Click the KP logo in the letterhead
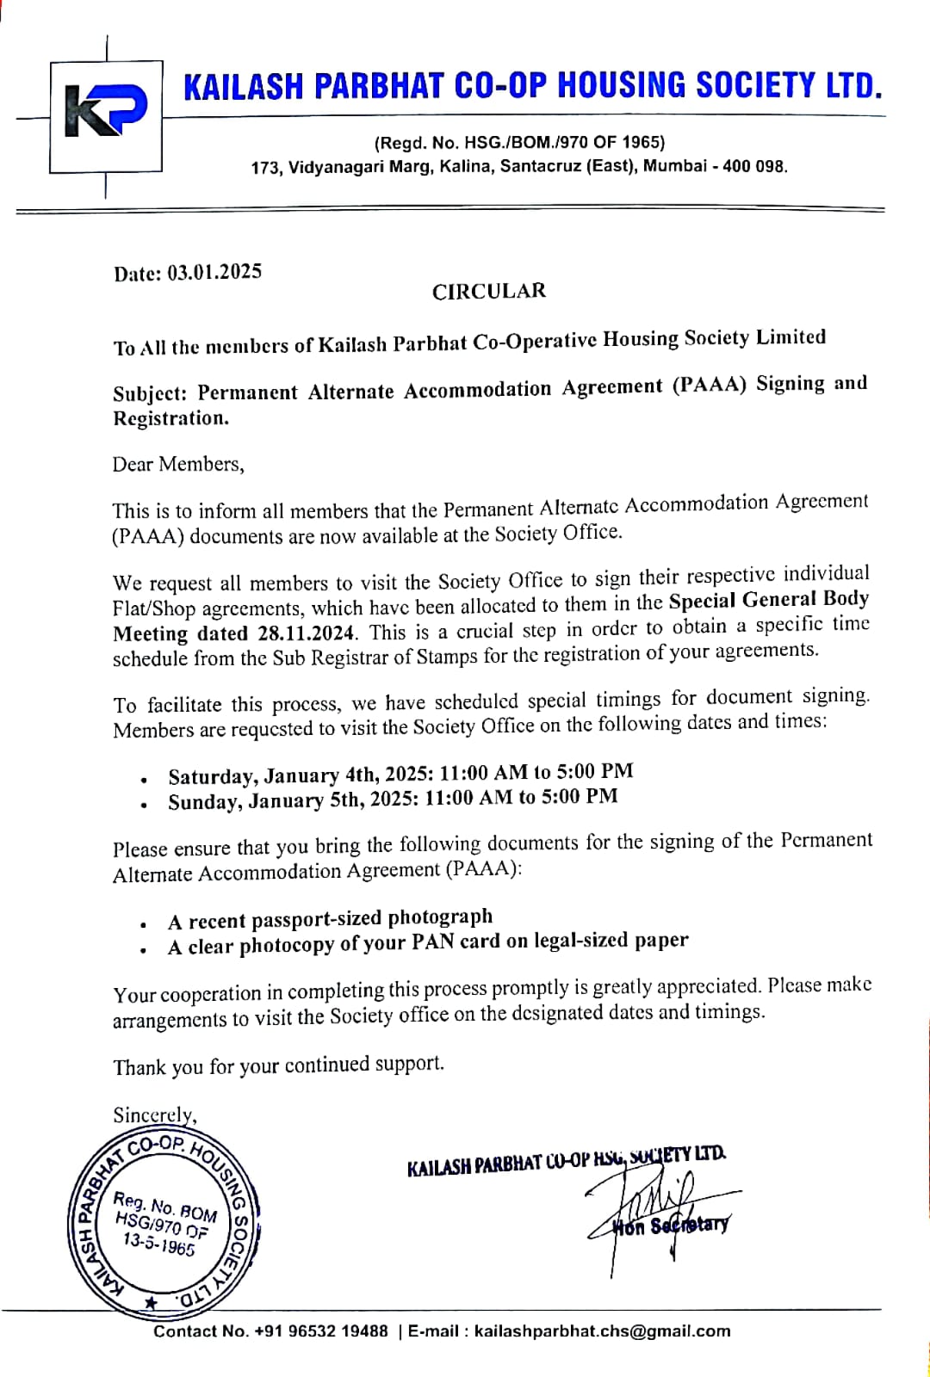coord(107,110)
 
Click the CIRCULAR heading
coord(488,291)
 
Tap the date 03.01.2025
coord(214,272)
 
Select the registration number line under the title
coord(519,142)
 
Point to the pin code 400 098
coord(754,166)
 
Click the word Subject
coord(148,393)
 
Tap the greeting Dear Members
coord(178,465)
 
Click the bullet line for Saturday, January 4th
coord(400,774)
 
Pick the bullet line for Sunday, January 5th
coord(393,800)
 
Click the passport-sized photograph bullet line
coord(331,919)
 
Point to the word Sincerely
coord(155,1115)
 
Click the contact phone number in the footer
coord(320,1331)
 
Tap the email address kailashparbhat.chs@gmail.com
coord(602,1331)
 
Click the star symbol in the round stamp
coord(152,1302)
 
